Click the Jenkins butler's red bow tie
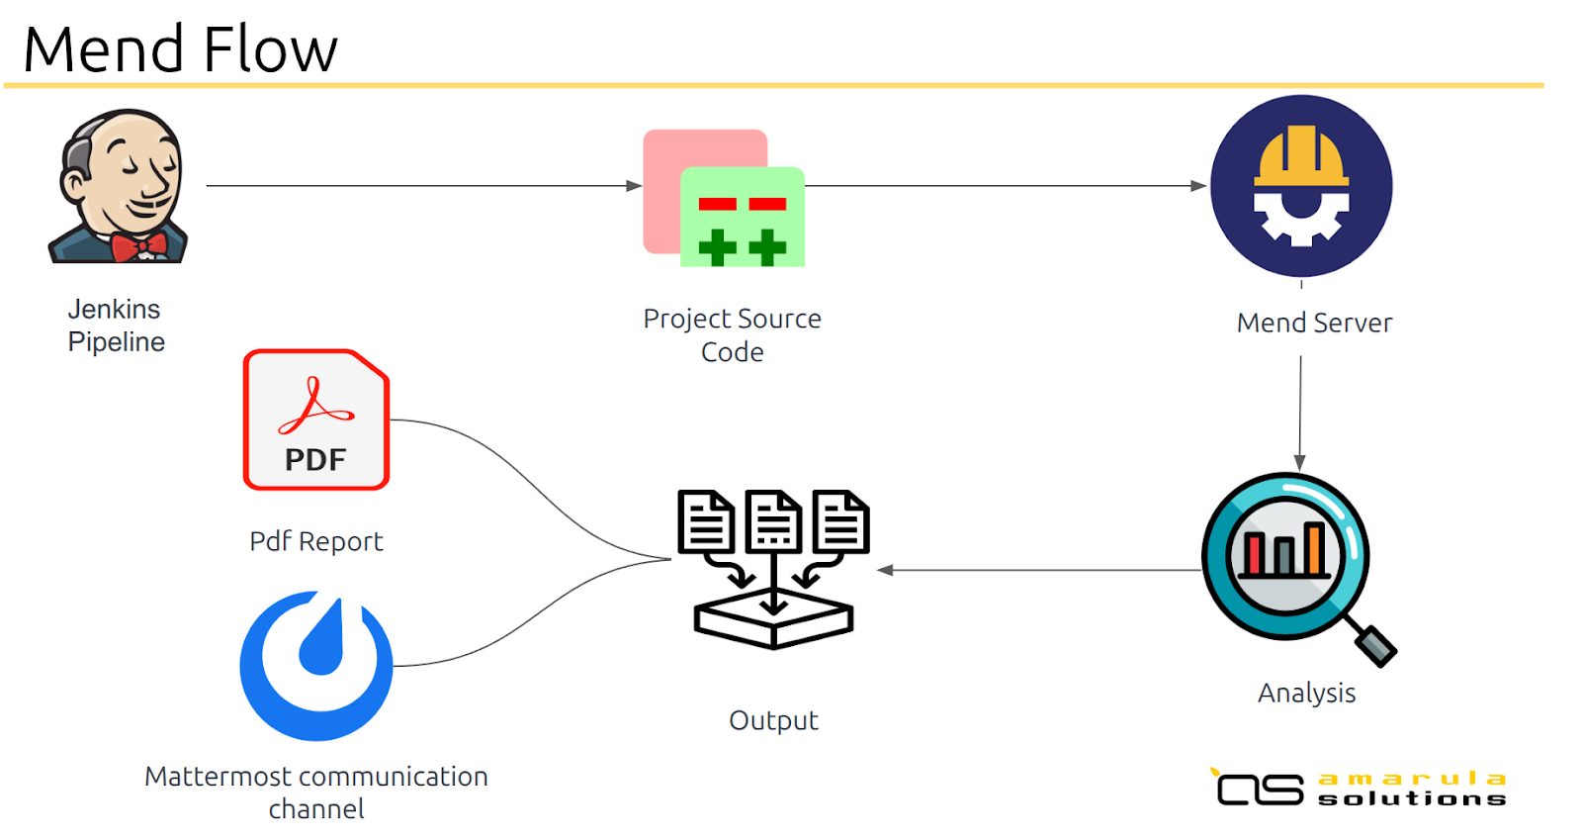[x=139, y=246]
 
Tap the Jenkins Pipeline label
[x=116, y=326]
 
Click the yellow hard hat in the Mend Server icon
[x=1301, y=157]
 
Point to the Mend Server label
[x=1314, y=323]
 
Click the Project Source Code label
[x=733, y=335]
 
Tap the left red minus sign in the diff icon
[x=717, y=204]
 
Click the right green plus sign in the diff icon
[x=767, y=247]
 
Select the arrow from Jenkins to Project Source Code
[x=424, y=186]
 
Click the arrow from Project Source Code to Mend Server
[x=1006, y=186]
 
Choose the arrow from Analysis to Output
[x=1039, y=570]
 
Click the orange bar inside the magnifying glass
[x=1314, y=548]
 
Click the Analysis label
[x=1306, y=694]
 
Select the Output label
[x=773, y=721]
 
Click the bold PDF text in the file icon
[x=315, y=460]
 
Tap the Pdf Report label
[x=315, y=541]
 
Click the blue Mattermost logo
[x=316, y=666]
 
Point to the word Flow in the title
[x=271, y=49]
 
